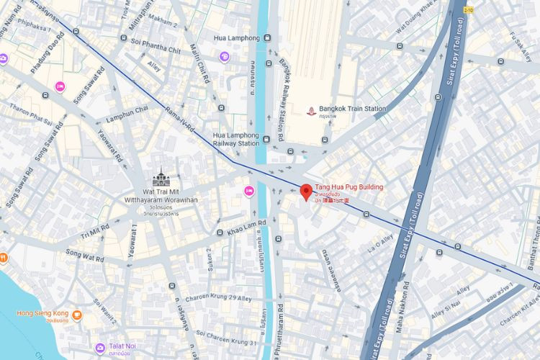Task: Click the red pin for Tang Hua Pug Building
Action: tap(306, 192)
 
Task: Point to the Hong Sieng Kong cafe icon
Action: tap(77, 315)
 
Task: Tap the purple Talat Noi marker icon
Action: tap(100, 348)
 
